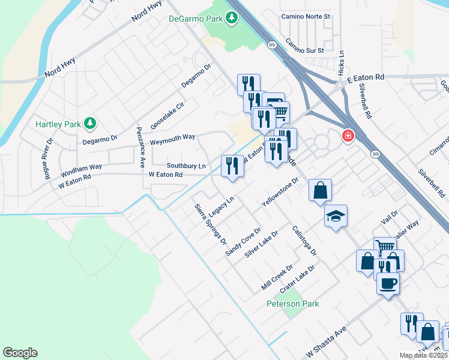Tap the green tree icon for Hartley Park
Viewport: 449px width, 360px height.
pyautogui.click(x=90, y=124)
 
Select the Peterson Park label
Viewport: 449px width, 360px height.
pyautogui.click(x=293, y=304)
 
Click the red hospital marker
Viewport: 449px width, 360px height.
pyautogui.click(x=348, y=137)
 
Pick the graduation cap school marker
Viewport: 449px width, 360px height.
pyautogui.click(x=336, y=216)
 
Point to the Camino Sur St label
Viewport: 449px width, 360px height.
pyautogui.click(x=304, y=46)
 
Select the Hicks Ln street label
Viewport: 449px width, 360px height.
pyautogui.click(x=341, y=62)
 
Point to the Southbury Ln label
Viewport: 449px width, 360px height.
pyautogui.click(x=186, y=165)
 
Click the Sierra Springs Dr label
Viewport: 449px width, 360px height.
pyautogui.click(x=210, y=224)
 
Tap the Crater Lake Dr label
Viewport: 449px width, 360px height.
pyautogui.click(x=298, y=278)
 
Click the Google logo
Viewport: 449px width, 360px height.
pyautogui.click(x=20, y=353)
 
